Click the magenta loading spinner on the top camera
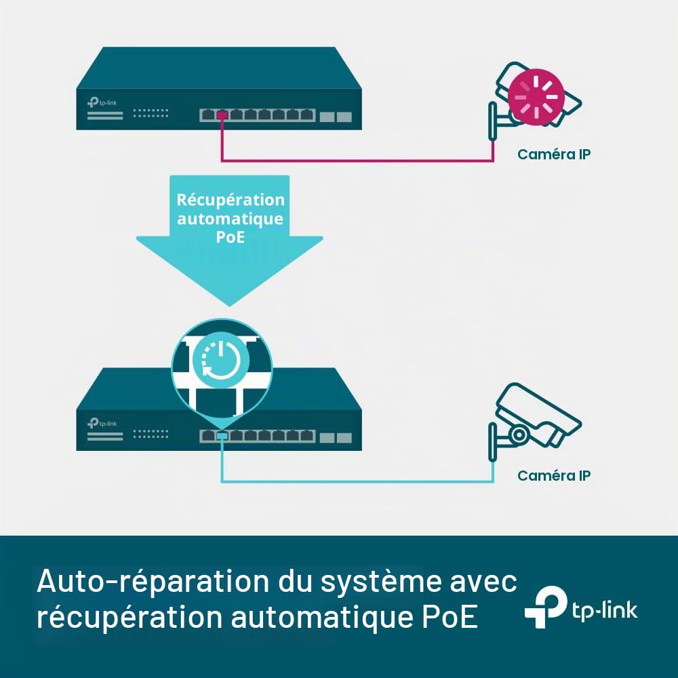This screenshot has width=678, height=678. click(536, 97)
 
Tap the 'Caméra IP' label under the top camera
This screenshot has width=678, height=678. click(554, 155)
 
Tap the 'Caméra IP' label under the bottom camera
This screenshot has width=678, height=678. click(554, 476)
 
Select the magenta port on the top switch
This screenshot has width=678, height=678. click(222, 115)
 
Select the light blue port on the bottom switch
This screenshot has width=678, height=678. click(222, 436)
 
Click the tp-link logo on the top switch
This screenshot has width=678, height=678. click(102, 102)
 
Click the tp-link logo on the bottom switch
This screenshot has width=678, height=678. click(102, 423)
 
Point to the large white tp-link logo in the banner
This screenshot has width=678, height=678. click(581, 607)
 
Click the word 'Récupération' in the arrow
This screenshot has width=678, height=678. click(231, 200)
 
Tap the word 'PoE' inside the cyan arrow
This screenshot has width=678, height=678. click(231, 237)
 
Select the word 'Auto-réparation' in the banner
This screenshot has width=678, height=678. click(153, 582)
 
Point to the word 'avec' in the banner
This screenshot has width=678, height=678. click(483, 582)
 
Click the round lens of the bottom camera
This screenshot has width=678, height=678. click(518, 435)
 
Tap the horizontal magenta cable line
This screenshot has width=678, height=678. click(357, 161)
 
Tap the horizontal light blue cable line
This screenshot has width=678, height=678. click(357, 481)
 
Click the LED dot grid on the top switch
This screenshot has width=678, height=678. click(151, 113)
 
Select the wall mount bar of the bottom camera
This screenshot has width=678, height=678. click(492, 442)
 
